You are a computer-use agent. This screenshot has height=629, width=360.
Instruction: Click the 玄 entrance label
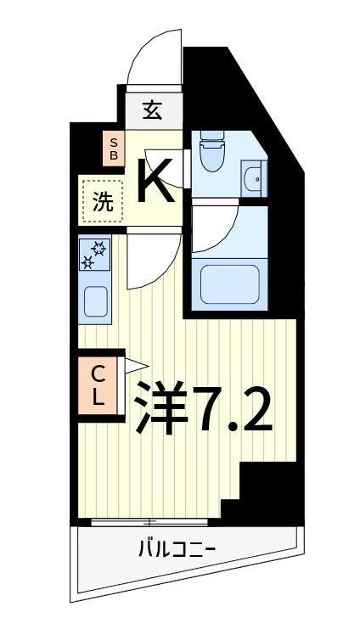(153, 110)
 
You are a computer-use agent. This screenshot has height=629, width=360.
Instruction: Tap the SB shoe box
(113, 149)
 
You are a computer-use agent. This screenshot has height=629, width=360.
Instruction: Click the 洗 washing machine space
(102, 201)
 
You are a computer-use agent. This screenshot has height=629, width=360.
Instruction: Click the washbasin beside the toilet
(254, 178)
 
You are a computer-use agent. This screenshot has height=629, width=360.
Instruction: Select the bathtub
(228, 284)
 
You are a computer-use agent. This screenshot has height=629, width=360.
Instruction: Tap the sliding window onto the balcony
(149, 521)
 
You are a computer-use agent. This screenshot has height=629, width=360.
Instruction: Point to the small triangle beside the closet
(133, 365)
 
